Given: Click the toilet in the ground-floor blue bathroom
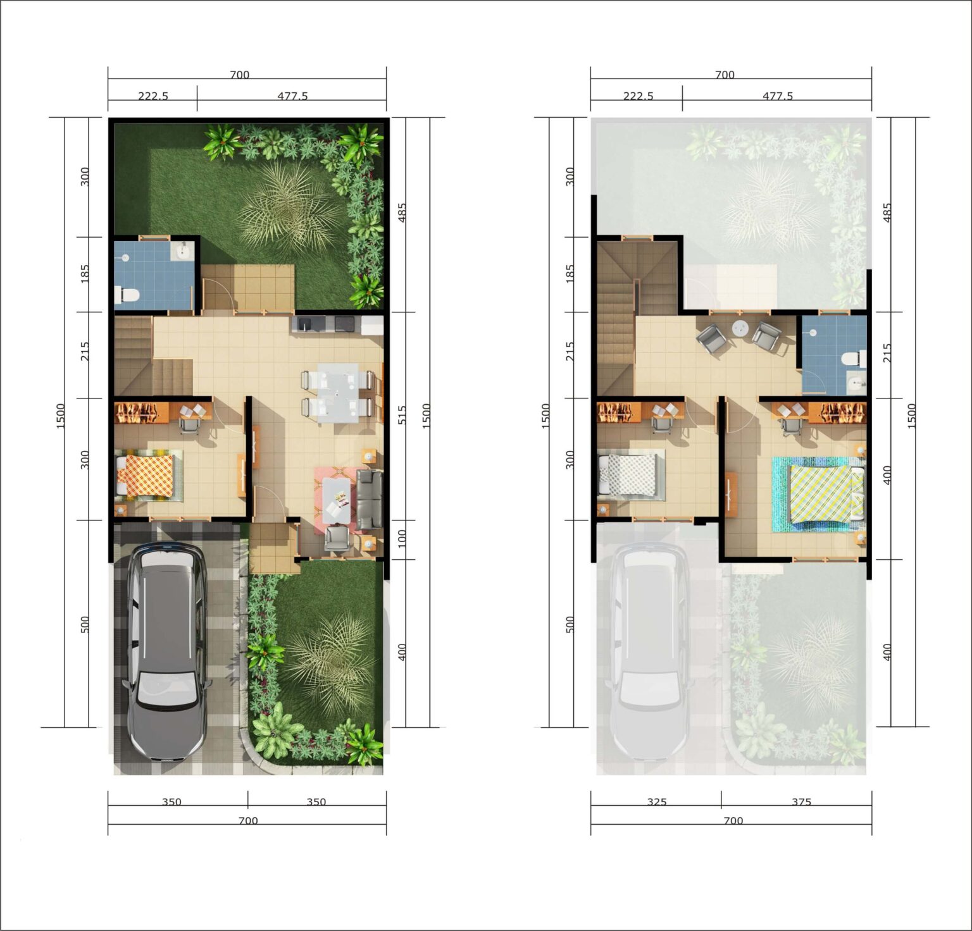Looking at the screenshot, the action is pyautogui.click(x=127, y=294).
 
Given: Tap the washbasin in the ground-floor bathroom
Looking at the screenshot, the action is pyautogui.click(x=184, y=251).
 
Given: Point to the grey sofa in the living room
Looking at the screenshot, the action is pyautogui.click(x=370, y=500).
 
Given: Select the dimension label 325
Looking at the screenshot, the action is pyautogui.click(x=657, y=802).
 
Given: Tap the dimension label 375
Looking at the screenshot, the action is pyautogui.click(x=801, y=802).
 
